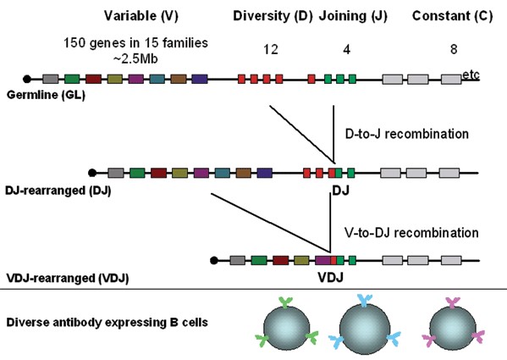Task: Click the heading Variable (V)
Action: [141, 16]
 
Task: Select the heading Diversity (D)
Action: [273, 16]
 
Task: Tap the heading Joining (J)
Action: [353, 16]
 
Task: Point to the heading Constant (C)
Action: [452, 16]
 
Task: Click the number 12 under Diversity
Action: [271, 49]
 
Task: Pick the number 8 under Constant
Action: [454, 49]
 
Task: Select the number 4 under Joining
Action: [347, 49]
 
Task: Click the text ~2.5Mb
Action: [135, 58]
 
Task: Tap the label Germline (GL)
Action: [46, 95]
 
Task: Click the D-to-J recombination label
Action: [407, 134]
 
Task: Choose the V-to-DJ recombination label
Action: [411, 233]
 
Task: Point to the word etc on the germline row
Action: [471, 75]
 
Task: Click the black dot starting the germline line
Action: [27, 79]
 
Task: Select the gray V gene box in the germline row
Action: [51, 79]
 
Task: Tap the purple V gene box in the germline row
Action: [135, 79]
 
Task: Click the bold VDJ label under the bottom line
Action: [330, 278]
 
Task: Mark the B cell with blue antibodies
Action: [365, 324]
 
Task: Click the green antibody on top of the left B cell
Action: [285, 302]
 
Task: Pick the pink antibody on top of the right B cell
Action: [453, 302]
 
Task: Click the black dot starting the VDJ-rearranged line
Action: [214, 260]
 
